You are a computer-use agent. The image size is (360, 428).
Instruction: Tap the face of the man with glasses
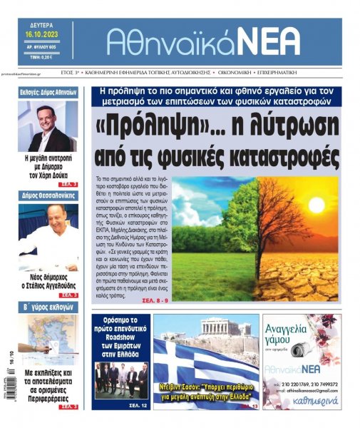pos(48,120)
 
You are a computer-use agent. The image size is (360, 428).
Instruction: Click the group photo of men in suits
pos(122,379)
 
